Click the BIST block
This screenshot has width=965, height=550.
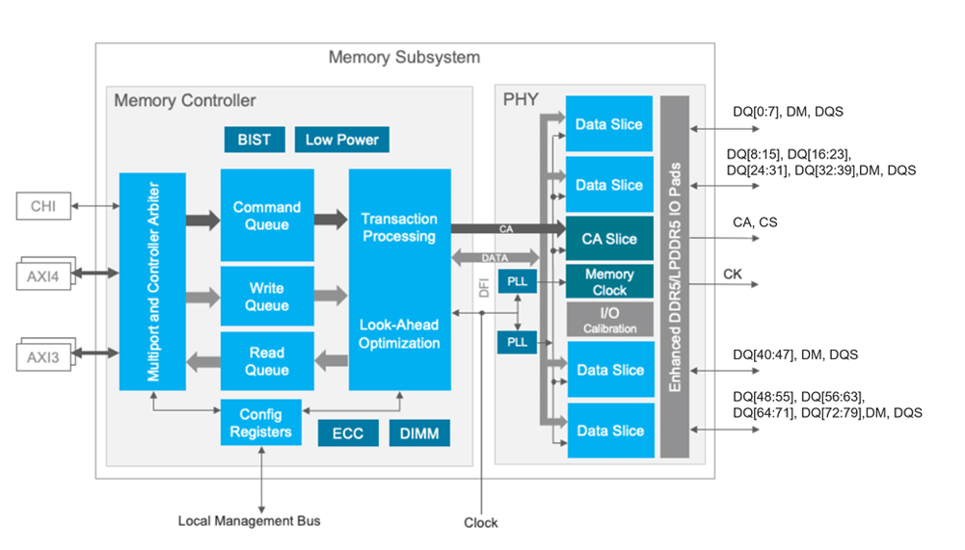255,140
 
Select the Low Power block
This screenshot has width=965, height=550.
341,140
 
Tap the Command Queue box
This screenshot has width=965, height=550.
267,215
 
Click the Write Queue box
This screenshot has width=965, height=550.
267,297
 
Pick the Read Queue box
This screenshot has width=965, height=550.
267,361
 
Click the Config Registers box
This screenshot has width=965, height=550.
260,422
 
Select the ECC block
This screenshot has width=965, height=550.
347,433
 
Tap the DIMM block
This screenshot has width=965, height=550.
419,433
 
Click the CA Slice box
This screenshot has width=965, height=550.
609,239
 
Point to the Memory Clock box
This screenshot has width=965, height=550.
609,281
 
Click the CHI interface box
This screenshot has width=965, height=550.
43,205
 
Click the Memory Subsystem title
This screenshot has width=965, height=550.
404,57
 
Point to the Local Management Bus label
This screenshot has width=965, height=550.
249,521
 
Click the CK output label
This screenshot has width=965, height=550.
733,275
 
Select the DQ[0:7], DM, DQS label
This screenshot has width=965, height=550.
788,112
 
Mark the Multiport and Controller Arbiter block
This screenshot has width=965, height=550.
152,281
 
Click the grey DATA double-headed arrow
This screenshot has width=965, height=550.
495,258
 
